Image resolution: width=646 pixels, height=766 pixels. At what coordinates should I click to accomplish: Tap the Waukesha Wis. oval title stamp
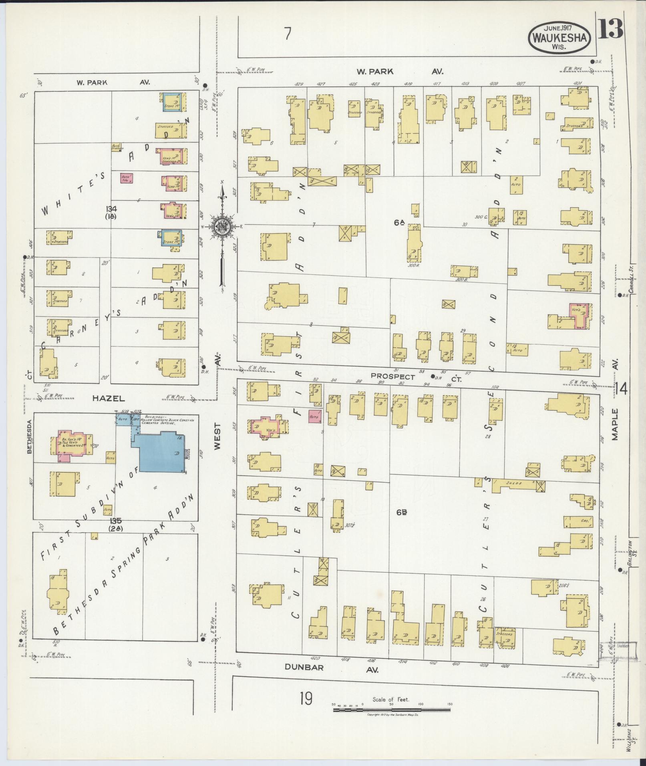560,37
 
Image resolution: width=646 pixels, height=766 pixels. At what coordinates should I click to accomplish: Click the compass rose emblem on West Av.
221,227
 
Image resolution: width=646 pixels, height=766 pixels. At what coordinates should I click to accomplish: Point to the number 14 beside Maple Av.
623,388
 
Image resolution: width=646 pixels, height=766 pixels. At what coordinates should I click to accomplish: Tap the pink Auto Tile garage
127,178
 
